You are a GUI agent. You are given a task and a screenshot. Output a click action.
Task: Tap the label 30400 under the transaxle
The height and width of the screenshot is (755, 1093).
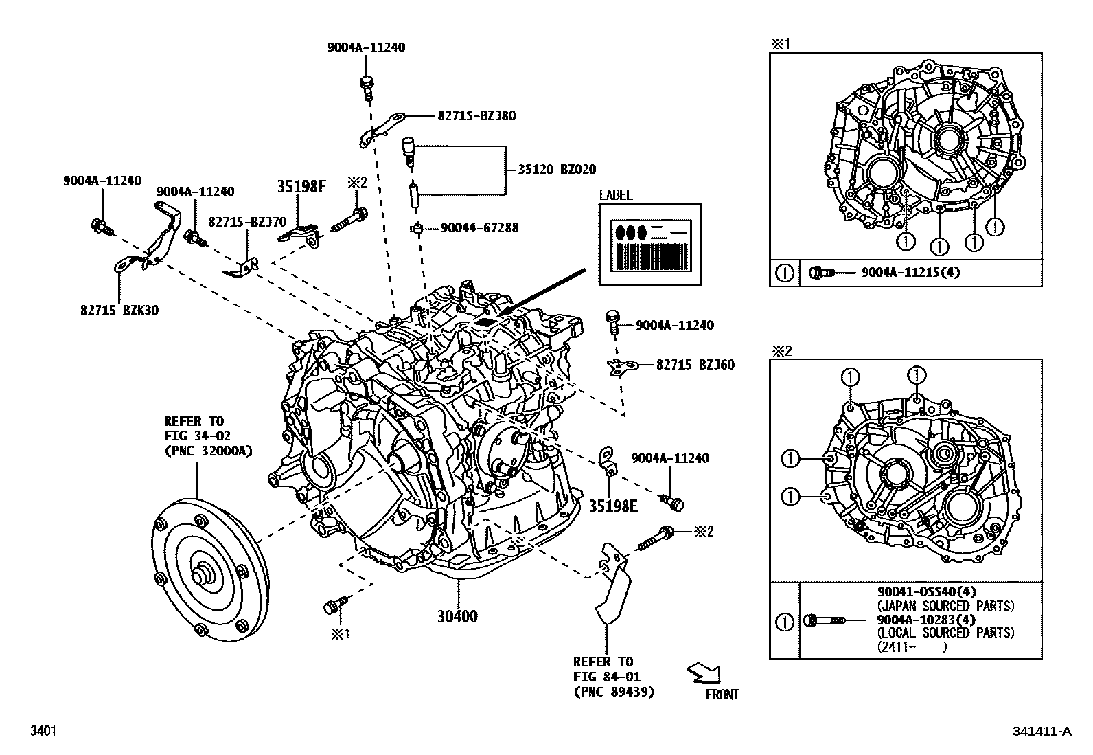(457, 617)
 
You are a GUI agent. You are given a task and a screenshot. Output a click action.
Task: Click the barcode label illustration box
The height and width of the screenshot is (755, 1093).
(650, 244)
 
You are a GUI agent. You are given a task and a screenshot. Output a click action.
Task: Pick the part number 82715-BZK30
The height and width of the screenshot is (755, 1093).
(119, 311)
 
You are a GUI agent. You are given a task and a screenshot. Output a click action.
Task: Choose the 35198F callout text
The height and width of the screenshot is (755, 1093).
(301, 186)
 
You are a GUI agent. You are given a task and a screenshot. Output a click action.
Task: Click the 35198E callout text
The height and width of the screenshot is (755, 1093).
(613, 506)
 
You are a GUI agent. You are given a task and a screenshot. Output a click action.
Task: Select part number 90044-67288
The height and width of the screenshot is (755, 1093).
(479, 227)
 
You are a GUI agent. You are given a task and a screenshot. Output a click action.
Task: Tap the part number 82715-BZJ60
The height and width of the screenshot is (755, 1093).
(695, 365)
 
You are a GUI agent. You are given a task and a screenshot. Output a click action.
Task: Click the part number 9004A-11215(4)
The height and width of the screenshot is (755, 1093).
(911, 273)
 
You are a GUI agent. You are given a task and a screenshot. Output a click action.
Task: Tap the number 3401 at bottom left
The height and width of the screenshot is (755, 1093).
(42, 731)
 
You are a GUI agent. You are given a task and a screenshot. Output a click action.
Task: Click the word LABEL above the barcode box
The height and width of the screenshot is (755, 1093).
(616, 196)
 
